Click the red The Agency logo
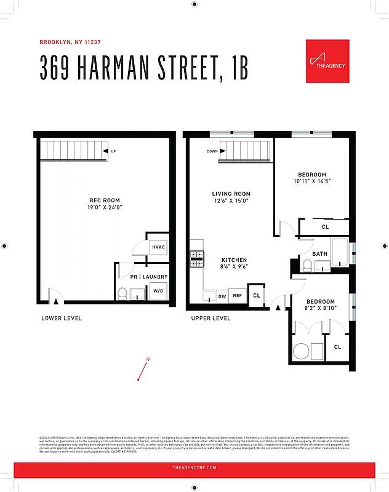[327, 61]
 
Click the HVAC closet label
[158, 247]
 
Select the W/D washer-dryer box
[158, 291]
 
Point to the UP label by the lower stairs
[113, 151]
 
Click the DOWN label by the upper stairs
[212, 151]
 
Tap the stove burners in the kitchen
[197, 258]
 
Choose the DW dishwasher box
[222, 296]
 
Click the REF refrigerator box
[237, 296]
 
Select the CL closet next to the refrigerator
[257, 295]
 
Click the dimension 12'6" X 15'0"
[231, 200]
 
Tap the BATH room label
[319, 253]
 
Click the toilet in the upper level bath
[307, 265]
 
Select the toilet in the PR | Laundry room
[122, 293]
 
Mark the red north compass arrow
[143, 370]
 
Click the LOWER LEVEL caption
[62, 318]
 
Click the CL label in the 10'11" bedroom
[325, 227]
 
